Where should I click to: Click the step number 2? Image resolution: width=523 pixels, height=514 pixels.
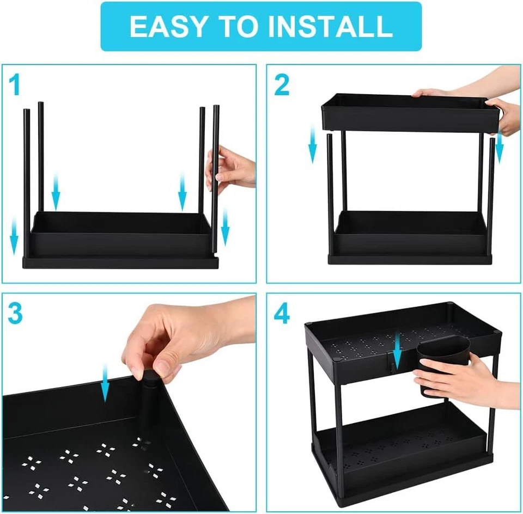click(282, 85)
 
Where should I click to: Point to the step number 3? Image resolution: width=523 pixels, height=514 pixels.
click(16, 314)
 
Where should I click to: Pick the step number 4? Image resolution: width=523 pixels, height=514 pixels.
click(282, 314)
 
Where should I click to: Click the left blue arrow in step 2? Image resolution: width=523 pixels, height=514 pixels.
click(313, 144)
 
